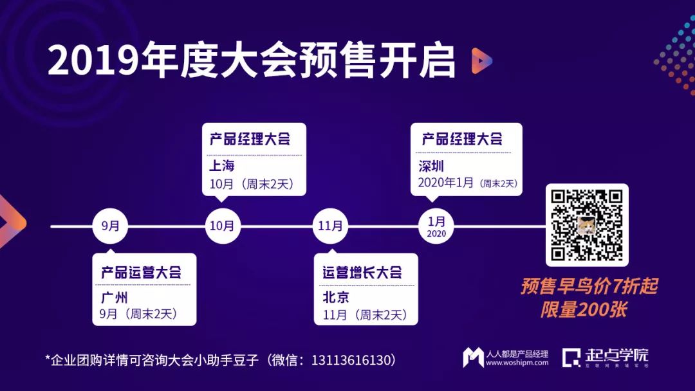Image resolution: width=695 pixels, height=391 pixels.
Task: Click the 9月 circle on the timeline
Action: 110,226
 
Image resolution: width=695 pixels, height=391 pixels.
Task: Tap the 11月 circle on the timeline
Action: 331,226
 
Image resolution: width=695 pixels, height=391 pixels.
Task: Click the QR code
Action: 586,224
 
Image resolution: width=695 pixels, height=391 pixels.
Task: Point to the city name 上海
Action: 222,166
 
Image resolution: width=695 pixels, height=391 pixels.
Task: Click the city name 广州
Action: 115,298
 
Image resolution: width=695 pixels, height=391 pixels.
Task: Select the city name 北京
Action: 336,298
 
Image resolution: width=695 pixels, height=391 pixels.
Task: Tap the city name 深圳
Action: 431,167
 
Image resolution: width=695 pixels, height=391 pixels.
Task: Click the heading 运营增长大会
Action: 362,273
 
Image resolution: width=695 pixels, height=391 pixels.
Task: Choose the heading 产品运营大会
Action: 141,273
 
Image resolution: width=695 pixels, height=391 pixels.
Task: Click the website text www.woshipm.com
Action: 517,363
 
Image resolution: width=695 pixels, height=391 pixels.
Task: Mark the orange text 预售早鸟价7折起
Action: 589,286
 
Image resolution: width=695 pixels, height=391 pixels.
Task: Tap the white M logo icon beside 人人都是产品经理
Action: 473,358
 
